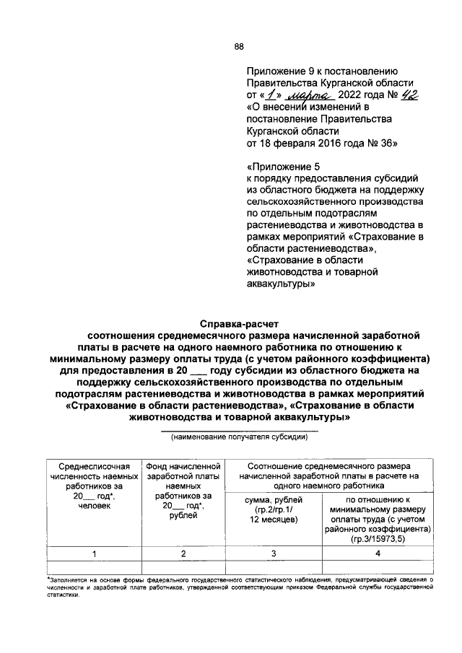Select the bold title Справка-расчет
(239, 323)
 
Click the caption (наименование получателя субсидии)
(239, 437)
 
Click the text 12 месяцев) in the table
(271, 519)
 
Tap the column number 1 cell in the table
(94, 553)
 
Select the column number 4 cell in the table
(378, 553)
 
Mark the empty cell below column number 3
(271, 567)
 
